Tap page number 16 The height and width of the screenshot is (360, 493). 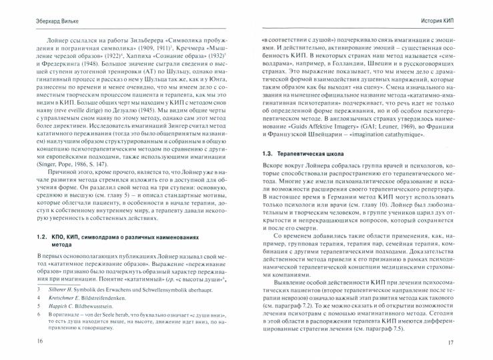pyautogui.click(x=22, y=341)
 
